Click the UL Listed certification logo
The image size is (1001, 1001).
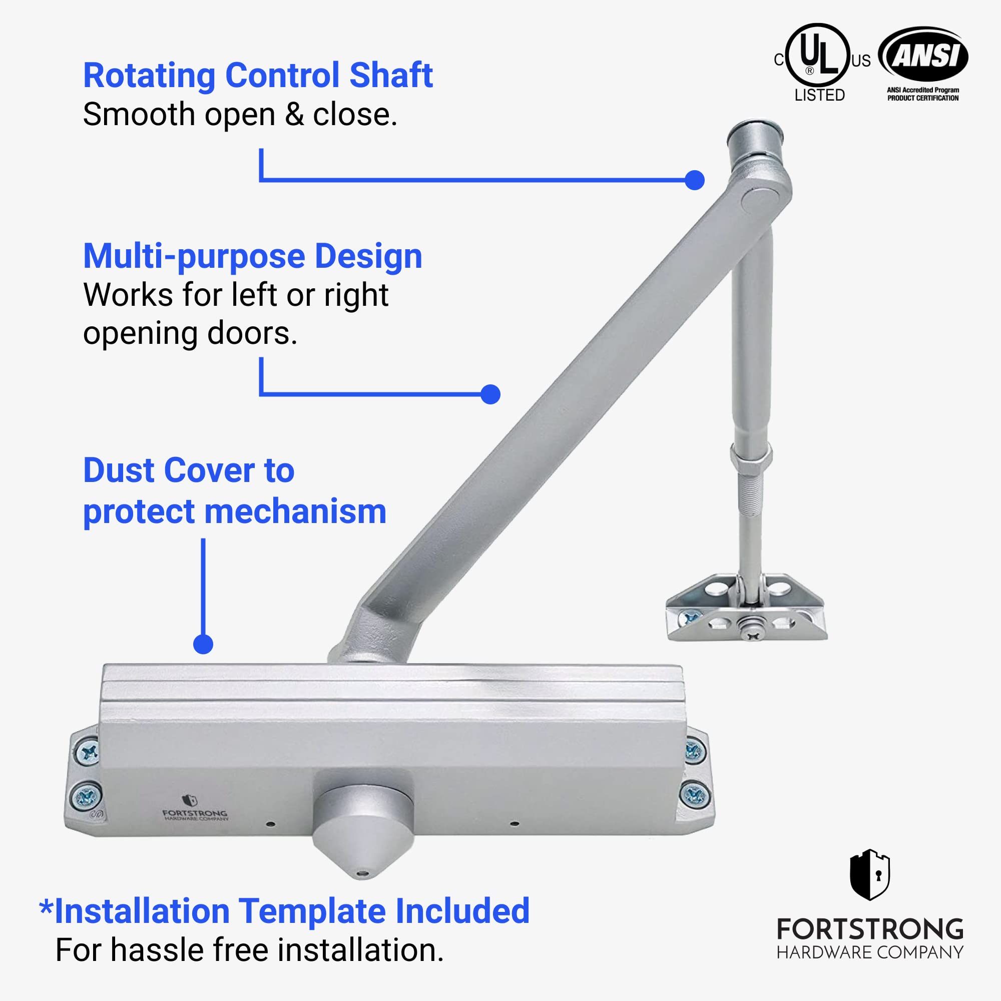(x=822, y=63)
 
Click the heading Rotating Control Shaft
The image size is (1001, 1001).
(x=257, y=76)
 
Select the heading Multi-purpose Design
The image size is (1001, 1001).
(x=253, y=256)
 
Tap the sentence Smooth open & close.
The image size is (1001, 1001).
(x=240, y=115)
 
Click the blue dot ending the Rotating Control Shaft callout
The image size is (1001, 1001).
(x=694, y=180)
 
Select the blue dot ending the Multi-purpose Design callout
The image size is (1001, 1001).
(x=490, y=394)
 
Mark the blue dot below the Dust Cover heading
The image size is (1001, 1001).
(x=203, y=645)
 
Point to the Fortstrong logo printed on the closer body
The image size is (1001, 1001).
(x=194, y=809)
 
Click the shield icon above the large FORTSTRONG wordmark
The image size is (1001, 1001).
(x=870, y=874)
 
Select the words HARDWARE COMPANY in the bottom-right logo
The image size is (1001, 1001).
(x=870, y=952)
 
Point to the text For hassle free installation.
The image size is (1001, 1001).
(x=250, y=950)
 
